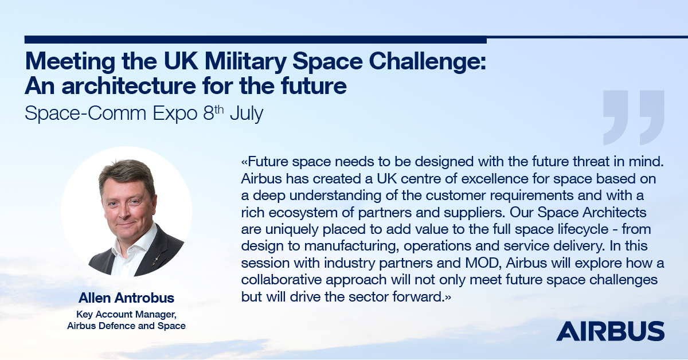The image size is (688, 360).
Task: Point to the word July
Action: click(245, 112)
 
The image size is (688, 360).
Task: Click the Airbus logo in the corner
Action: click(610, 331)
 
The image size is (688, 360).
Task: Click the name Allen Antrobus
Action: click(126, 298)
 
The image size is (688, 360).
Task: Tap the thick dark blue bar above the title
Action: click(255, 40)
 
